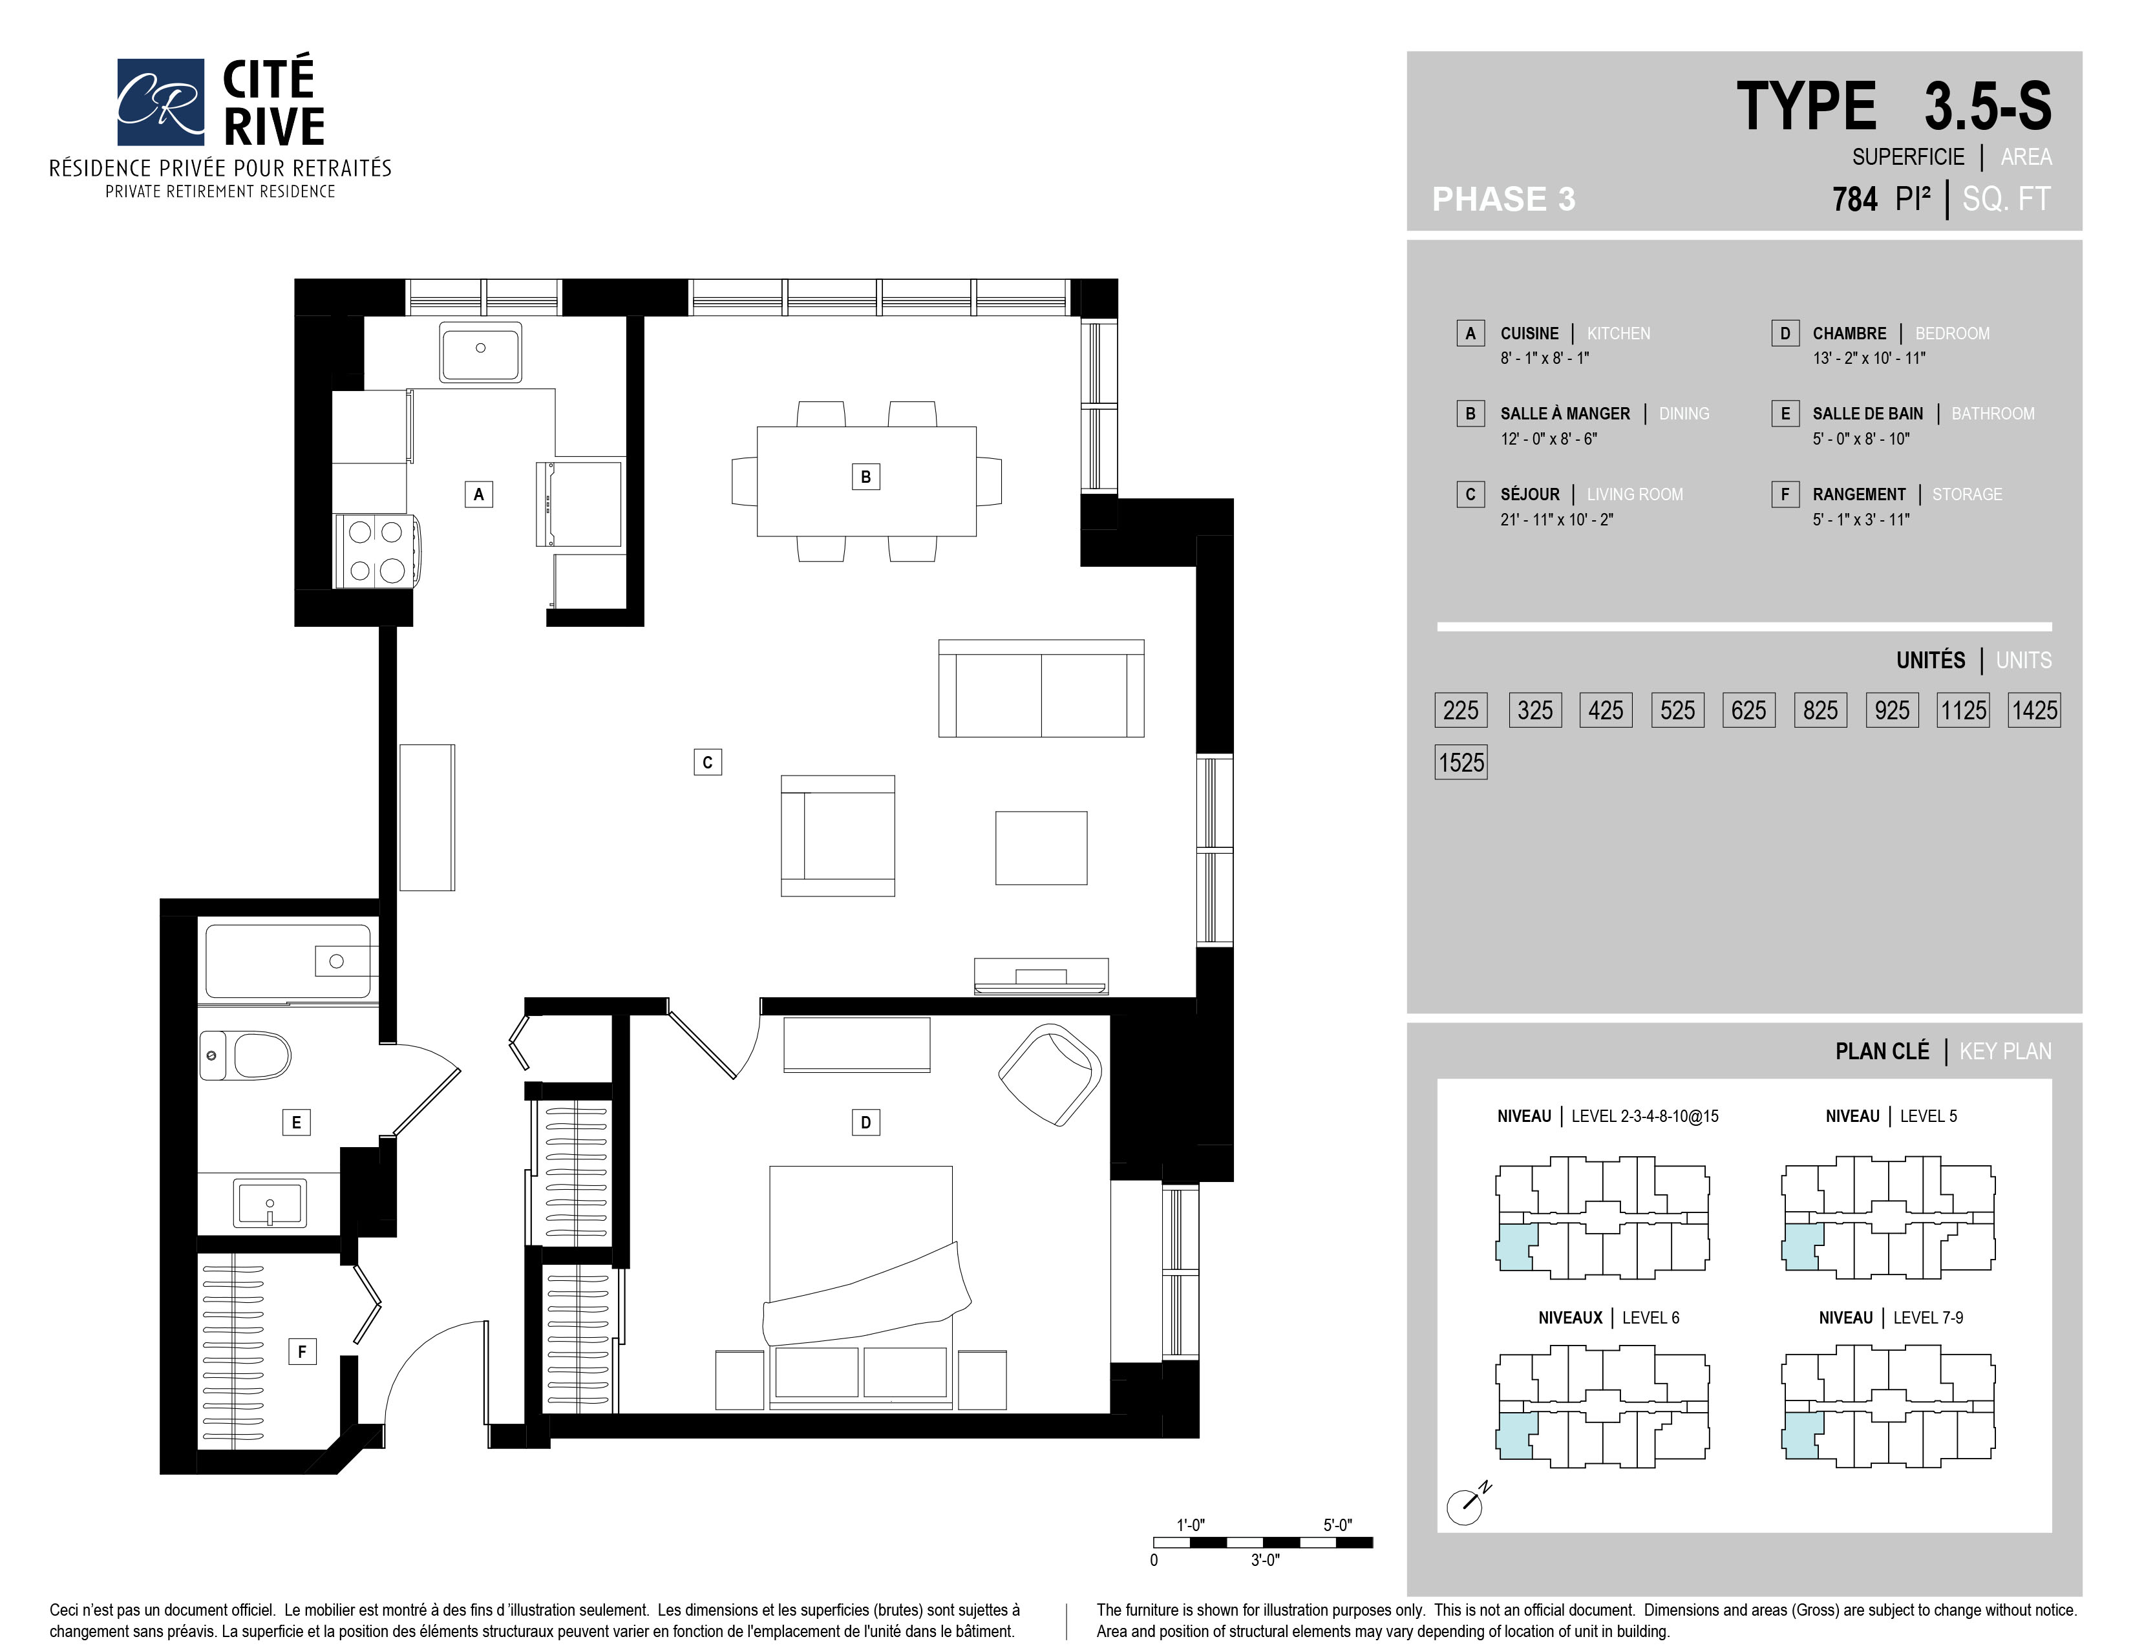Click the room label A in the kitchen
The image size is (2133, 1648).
478,494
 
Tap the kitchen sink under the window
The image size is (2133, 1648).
480,352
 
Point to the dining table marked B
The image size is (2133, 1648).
866,481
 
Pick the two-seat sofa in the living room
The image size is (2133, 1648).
1041,688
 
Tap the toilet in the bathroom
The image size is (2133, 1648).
246,1055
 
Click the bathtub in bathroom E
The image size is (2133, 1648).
289,962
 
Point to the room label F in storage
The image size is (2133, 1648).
302,1351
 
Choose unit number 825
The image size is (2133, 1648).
1820,710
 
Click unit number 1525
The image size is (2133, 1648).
1461,763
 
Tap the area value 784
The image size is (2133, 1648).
1854,199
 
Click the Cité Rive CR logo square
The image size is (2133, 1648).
160,101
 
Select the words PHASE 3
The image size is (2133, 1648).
1503,199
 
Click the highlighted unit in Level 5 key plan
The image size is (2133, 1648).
1802,1247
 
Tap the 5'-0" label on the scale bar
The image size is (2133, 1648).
1338,1524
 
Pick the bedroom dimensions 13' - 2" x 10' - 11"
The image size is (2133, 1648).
1869,358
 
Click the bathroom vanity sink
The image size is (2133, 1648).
270,1202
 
